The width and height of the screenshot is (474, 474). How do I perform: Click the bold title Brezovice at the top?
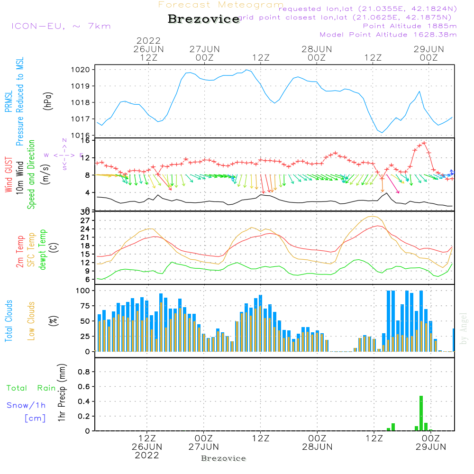tap(203, 19)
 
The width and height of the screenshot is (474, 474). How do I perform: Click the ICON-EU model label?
tap(61, 26)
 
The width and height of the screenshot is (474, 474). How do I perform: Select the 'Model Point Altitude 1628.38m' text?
tap(388, 35)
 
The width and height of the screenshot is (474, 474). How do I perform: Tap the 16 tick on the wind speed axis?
tap(86, 141)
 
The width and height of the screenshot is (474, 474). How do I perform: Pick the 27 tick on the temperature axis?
tap(86, 220)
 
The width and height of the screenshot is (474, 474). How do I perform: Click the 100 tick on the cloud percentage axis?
tap(83, 291)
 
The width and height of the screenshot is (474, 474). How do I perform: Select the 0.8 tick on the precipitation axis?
tap(84, 372)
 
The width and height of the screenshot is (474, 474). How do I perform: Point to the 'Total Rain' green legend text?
tap(31, 388)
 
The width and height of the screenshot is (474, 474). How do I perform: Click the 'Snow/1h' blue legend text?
tap(26, 405)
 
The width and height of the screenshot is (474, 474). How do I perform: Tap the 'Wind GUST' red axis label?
tap(9, 175)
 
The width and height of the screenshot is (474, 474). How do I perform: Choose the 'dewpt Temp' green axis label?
tap(43, 250)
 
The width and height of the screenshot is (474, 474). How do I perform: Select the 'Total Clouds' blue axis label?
tap(9, 321)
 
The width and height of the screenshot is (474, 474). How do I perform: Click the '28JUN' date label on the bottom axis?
tap(317, 447)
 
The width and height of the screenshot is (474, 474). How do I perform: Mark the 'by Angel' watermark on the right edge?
tap(464, 328)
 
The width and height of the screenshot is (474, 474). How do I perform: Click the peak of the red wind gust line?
tap(424, 143)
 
